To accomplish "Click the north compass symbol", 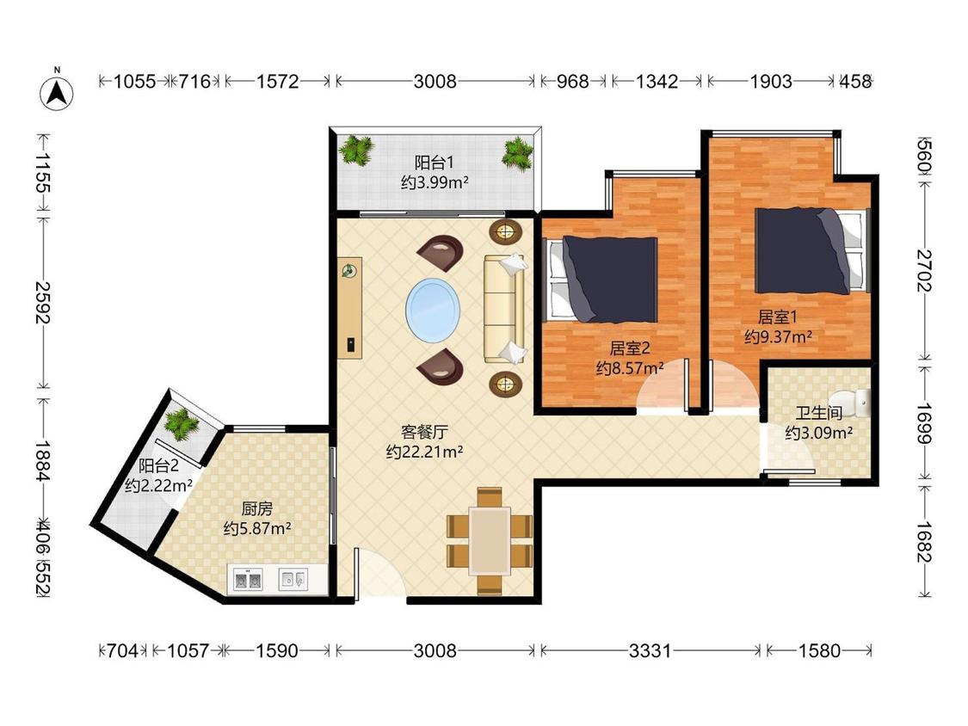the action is pyautogui.click(x=57, y=92).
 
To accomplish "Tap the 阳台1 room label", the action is pyautogui.click(x=434, y=163).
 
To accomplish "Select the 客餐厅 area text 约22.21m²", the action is pyautogui.click(x=425, y=452).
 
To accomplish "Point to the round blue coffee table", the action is pyautogui.click(x=433, y=310).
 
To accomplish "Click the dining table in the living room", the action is pyautogui.click(x=490, y=541).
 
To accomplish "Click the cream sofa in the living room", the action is pyautogui.click(x=504, y=308).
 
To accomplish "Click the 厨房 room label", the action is pyautogui.click(x=256, y=508).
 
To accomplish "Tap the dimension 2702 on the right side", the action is pyautogui.click(x=923, y=270).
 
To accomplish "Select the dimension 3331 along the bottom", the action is pyautogui.click(x=650, y=650).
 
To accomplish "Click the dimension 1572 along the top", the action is pyautogui.click(x=277, y=81).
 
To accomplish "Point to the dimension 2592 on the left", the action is pyautogui.click(x=42, y=303).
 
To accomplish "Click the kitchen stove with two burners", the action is pyautogui.click(x=248, y=581).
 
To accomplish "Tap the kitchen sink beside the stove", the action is pyautogui.click(x=293, y=579).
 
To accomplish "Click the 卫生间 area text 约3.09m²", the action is pyautogui.click(x=818, y=433).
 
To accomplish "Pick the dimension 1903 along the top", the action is pyautogui.click(x=770, y=81).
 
